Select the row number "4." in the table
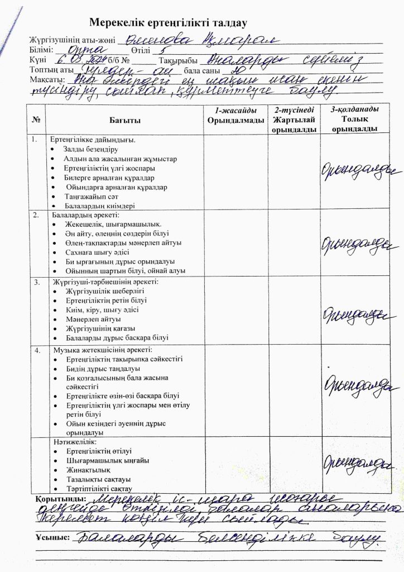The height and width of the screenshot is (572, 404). point(37,350)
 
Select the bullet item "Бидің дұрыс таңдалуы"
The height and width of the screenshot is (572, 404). point(103,369)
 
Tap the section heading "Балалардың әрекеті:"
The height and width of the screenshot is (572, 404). point(85,215)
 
